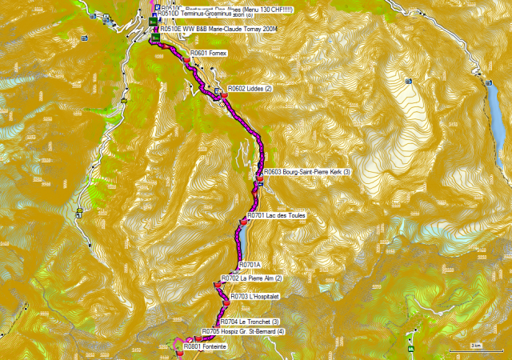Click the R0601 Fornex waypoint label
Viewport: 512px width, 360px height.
pyautogui.click(x=209, y=53)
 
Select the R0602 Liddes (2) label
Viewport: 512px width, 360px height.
pyautogui.click(x=250, y=88)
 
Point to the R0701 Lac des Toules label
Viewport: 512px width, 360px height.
pyautogui.click(x=276, y=216)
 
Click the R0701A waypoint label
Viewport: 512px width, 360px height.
pyautogui.click(x=251, y=264)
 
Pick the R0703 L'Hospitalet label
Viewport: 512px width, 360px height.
pyautogui.click(x=254, y=296)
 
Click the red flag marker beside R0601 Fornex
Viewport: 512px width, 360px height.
pyautogui.click(x=185, y=58)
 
